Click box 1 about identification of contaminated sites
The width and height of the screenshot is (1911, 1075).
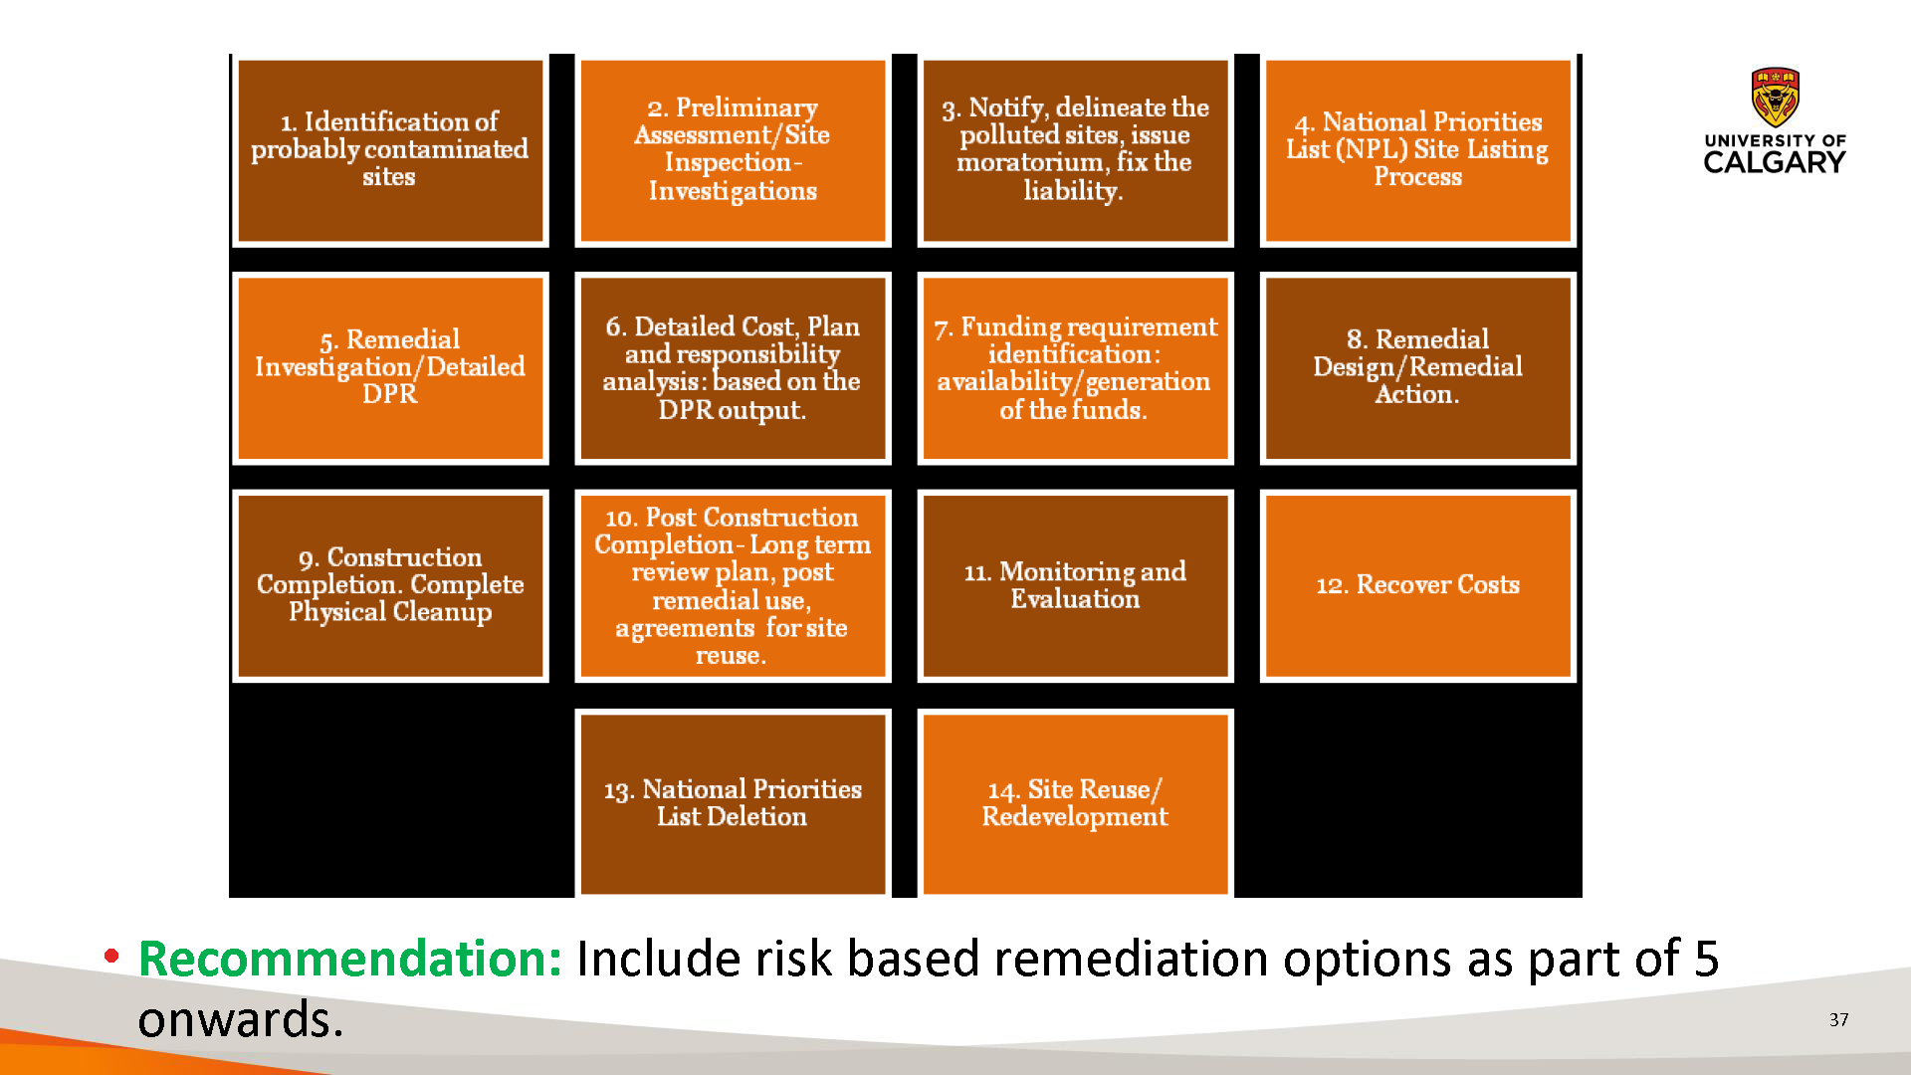click(x=390, y=150)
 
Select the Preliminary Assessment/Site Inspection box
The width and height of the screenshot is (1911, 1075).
click(x=733, y=150)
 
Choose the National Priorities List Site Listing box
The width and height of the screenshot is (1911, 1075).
click(x=1417, y=150)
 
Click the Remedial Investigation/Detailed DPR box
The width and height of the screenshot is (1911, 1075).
click(x=390, y=368)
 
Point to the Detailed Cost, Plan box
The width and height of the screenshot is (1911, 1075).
click(x=733, y=368)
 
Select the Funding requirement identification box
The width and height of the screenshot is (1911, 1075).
click(x=1075, y=368)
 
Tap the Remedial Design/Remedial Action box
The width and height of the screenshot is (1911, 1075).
click(x=1417, y=368)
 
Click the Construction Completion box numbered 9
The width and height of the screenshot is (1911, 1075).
click(x=390, y=586)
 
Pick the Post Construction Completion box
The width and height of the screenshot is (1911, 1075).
click(x=733, y=586)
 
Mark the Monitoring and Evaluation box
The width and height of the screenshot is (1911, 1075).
click(x=1075, y=586)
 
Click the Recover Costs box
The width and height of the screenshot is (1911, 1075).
click(x=1417, y=586)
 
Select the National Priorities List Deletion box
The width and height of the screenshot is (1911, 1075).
click(x=733, y=803)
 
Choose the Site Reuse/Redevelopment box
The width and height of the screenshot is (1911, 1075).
click(x=1075, y=803)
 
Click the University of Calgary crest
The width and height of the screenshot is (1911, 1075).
click(x=1776, y=97)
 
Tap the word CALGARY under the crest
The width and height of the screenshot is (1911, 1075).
click(x=1775, y=162)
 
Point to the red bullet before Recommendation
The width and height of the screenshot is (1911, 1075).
click(x=111, y=957)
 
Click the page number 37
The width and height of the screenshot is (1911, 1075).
click(x=1838, y=1019)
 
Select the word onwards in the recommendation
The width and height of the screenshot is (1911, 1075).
click(x=240, y=1020)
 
